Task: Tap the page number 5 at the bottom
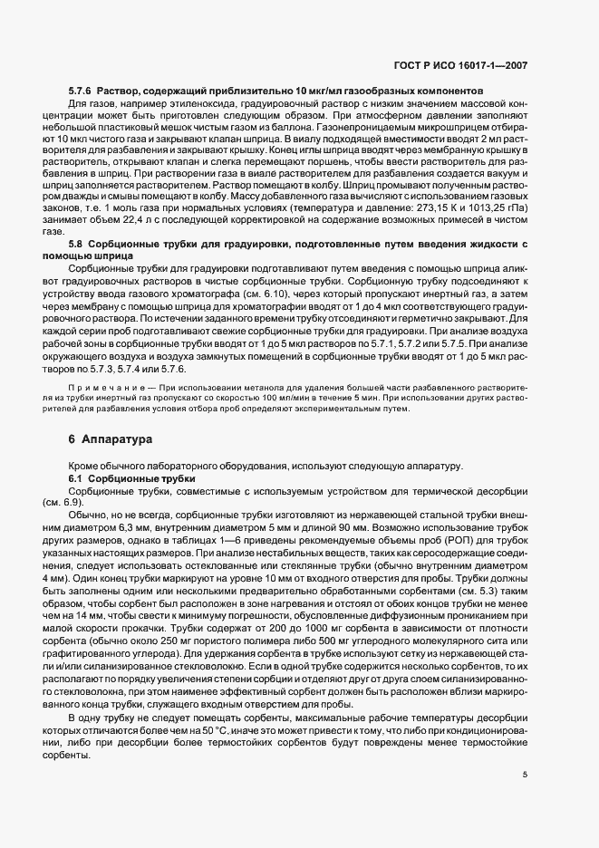pyautogui.click(x=525, y=775)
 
